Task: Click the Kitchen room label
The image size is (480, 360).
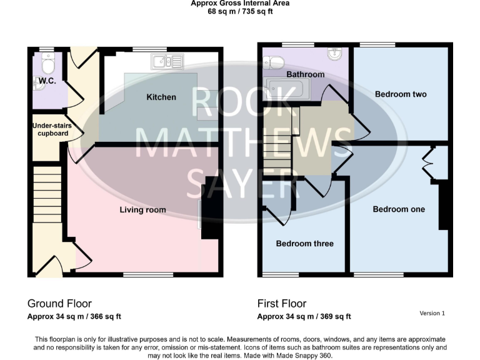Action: point(161,97)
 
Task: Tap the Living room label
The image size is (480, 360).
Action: point(142,210)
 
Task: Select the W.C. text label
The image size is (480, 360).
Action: point(47,82)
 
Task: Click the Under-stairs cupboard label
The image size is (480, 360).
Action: point(52,129)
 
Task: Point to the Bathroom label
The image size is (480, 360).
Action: point(305,74)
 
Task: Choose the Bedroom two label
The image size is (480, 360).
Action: point(401,94)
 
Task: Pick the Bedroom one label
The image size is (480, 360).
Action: point(398,209)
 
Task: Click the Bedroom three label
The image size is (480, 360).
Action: point(304,244)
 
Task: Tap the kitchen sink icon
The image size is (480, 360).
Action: point(166,61)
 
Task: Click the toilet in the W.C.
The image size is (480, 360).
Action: point(48,62)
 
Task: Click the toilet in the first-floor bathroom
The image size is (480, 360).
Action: point(274,61)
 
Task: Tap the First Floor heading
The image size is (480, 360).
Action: point(282,304)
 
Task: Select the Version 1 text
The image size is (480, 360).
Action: point(432,313)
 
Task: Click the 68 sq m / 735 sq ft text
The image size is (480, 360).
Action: point(239,11)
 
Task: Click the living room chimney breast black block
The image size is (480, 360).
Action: point(212,209)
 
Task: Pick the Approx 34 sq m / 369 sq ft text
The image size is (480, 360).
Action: point(304,316)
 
